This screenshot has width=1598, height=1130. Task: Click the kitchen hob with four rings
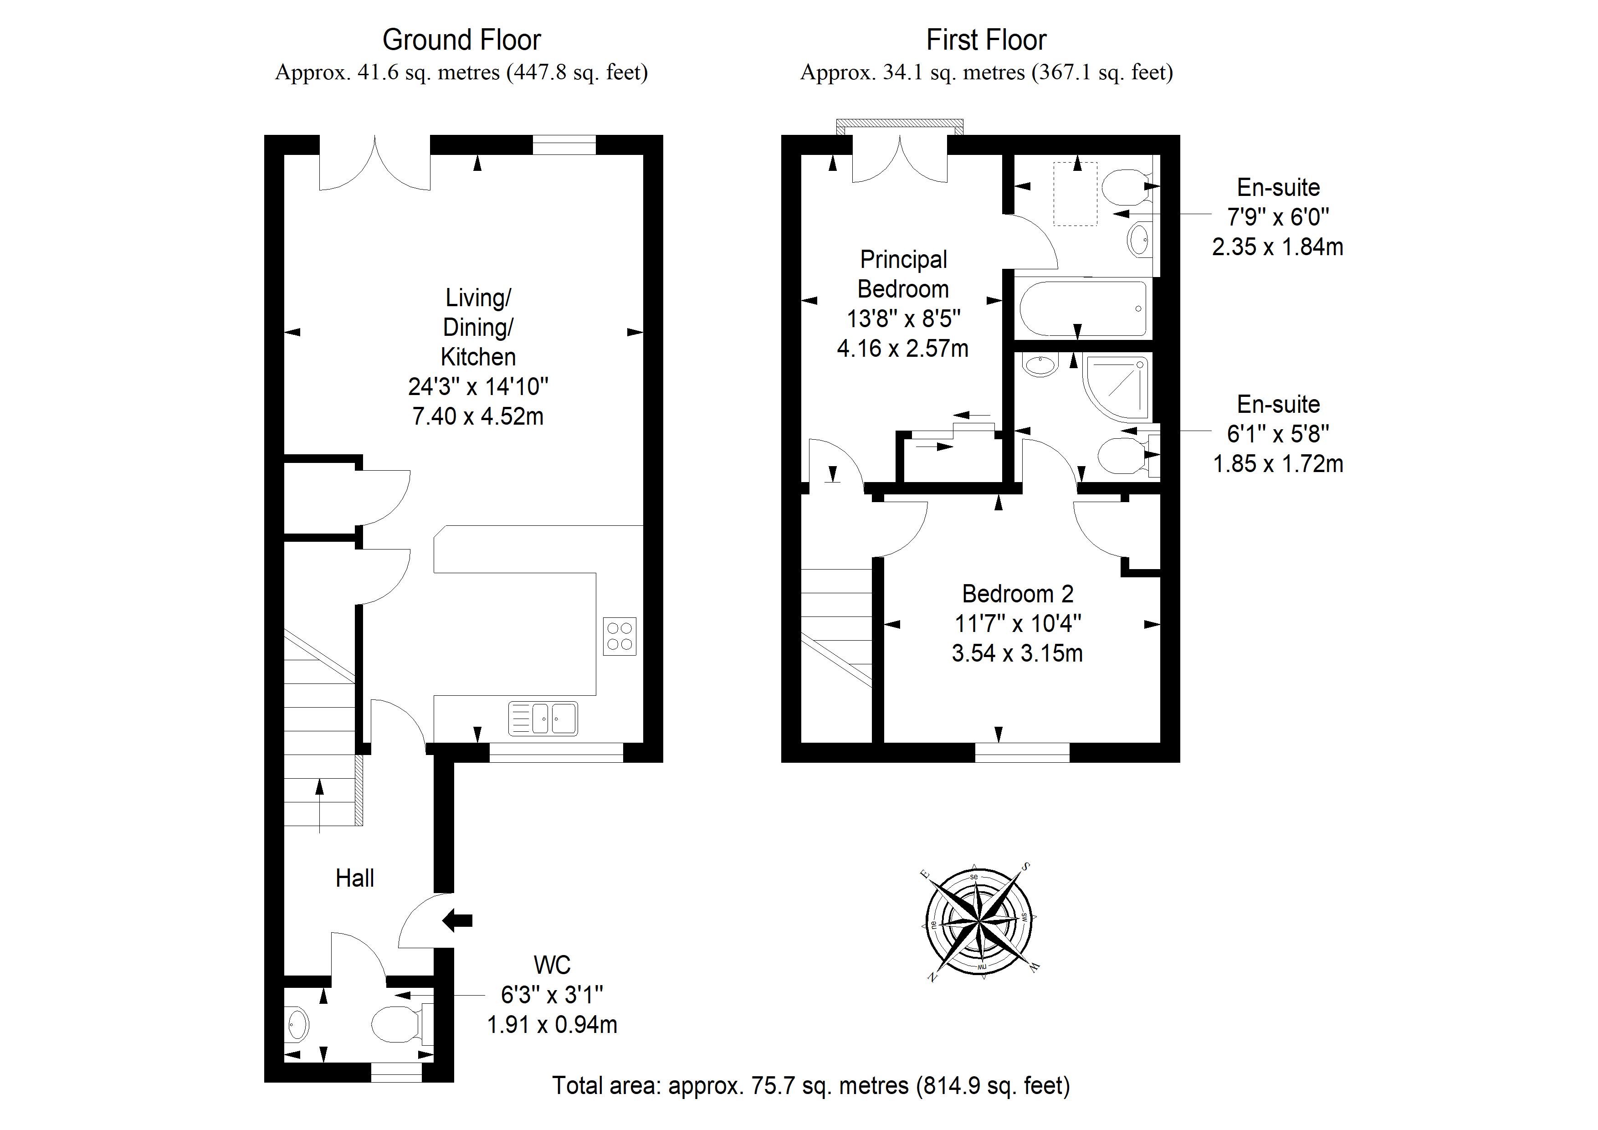(620, 637)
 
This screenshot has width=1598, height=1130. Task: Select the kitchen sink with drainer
(543, 719)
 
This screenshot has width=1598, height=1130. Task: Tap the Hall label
(354, 878)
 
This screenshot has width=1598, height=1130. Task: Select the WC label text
(552, 965)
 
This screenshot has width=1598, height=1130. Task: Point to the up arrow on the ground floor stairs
(319, 805)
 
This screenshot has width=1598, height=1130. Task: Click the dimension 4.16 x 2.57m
(903, 348)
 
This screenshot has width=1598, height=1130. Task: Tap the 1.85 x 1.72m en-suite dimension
(1278, 464)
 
